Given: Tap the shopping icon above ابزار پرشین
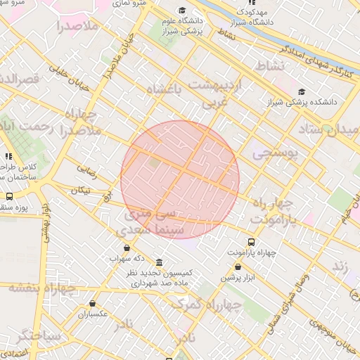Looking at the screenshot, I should coord(238,267).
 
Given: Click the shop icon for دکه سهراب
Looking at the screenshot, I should coord(127,247).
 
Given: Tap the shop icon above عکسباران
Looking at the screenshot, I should coord(89,304).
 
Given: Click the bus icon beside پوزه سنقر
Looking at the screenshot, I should coord(9,197).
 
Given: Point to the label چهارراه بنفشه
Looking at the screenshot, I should coord(42,288).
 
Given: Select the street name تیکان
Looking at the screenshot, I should coord(81,190).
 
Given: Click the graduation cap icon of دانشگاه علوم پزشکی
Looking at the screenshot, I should coord(182,11).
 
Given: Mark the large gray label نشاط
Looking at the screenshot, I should coord(272,65).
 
